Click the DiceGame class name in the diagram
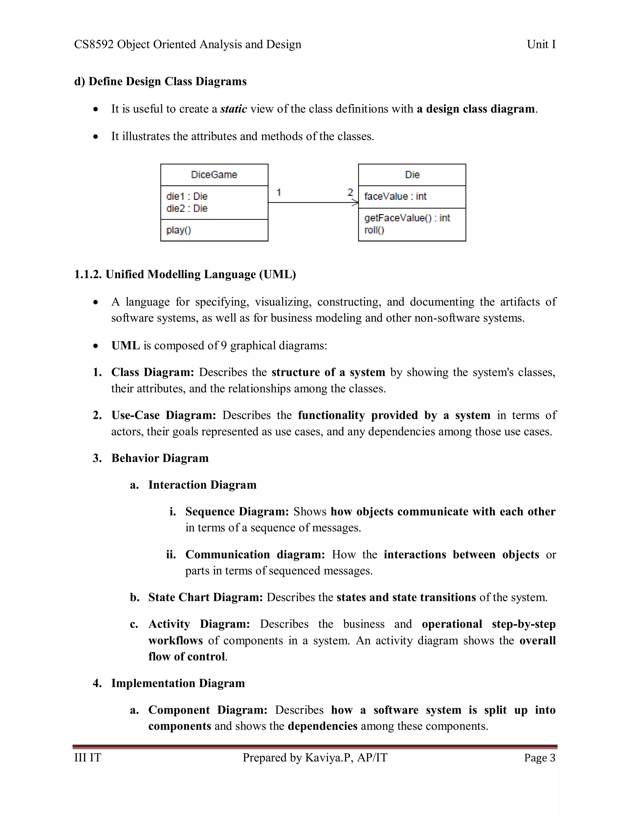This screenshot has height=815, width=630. point(214,175)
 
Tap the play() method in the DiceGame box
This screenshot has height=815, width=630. point(179,230)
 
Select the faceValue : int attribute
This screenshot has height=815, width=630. point(395,196)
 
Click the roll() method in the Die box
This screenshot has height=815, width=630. point(374,230)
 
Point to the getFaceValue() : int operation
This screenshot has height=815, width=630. point(407,218)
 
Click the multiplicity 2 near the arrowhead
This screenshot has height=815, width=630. point(350,192)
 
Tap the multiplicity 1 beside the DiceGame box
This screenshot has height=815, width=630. point(279,192)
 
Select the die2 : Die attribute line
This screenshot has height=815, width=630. point(187,208)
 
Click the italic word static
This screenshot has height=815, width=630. point(234,109)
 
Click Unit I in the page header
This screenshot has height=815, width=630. point(541,44)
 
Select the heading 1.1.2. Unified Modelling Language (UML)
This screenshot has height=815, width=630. point(185,274)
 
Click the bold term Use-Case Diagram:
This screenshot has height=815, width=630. point(163,415)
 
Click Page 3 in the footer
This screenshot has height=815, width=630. point(540,757)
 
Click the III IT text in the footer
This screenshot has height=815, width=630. point(88,757)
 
